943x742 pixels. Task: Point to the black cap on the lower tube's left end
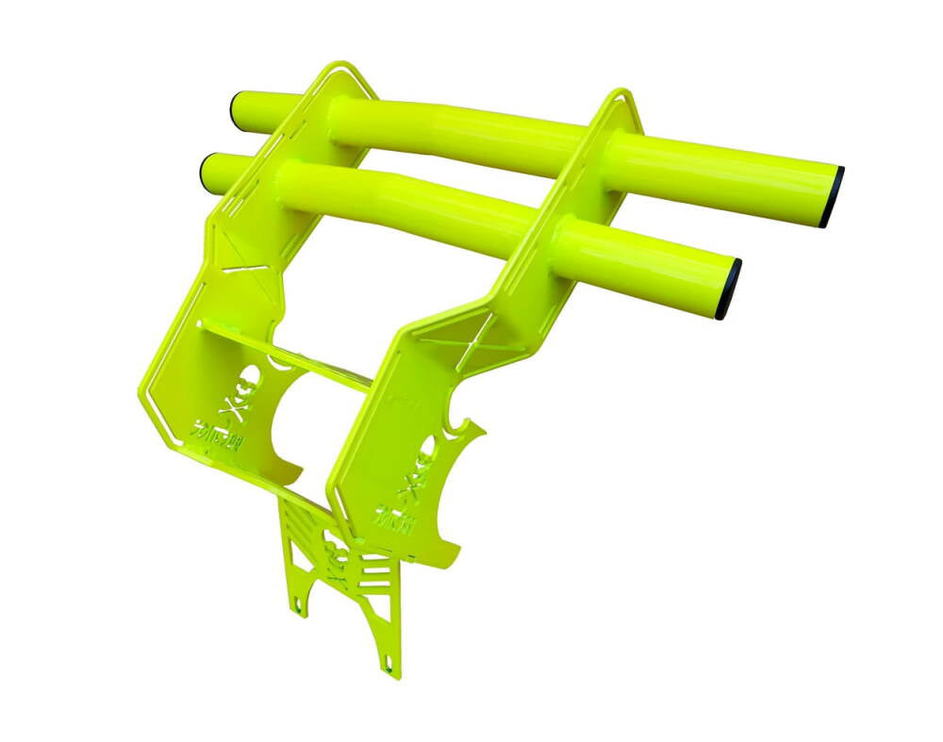(206, 169)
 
